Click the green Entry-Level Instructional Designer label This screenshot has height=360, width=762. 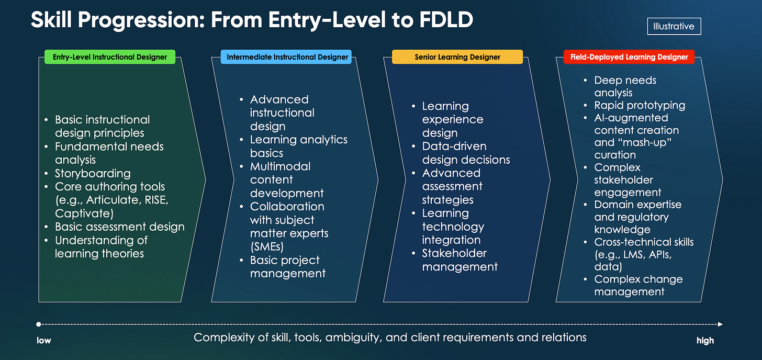click(110, 57)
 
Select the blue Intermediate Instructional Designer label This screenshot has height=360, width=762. click(287, 57)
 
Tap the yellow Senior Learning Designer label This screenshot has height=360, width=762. click(457, 57)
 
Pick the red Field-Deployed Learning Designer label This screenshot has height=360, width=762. click(629, 57)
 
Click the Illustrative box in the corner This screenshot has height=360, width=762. click(674, 26)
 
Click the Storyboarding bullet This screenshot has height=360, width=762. click(93, 173)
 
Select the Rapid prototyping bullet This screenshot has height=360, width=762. click(640, 105)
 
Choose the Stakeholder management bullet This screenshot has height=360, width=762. click(460, 260)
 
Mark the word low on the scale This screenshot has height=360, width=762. click(44, 341)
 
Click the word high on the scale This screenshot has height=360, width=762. click(705, 341)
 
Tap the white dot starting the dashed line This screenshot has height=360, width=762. click(39, 324)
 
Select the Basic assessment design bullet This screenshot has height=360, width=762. click(119, 227)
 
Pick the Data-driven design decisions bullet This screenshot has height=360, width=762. click(466, 153)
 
